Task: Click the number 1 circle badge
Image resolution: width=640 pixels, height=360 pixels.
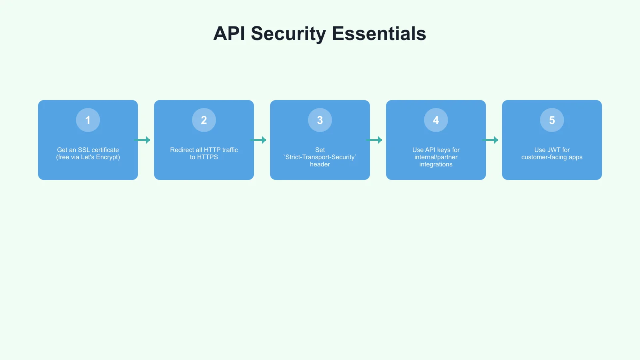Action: (x=88, y=120)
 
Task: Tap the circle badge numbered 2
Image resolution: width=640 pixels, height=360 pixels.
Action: (x=204, y=120)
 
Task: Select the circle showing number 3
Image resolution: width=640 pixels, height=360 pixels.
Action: (x=320, y=120)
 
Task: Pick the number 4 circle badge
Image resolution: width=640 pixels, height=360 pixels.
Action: (x=436, y=120)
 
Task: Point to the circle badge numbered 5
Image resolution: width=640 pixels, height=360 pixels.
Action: (x=552, y=120)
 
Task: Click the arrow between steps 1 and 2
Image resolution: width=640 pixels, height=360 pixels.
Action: (x=143, y=140)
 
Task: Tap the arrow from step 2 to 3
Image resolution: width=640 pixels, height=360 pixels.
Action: (x=259, y=140)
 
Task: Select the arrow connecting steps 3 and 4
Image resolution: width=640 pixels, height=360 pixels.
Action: (x=375, y=140)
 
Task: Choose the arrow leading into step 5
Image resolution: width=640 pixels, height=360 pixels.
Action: (x=491, y=140)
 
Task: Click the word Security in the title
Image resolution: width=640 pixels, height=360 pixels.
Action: (x=288, y=34)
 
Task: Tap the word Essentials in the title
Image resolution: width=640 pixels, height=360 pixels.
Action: (x=379, y=34)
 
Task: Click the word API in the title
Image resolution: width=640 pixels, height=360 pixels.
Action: (x=229, y=34)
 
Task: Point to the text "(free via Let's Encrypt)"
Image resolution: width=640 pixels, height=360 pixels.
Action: (x=88, y=157)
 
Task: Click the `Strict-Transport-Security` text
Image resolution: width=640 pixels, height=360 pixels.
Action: (x=320, y=157)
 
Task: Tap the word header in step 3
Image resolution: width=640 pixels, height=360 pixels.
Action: (x=320, y=164)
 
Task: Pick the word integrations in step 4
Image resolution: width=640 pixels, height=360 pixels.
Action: (x=436, y=164)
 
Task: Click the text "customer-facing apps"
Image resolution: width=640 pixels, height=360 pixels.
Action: (x=552, y=157)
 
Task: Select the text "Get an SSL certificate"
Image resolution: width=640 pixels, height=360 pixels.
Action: (x=88, y=150)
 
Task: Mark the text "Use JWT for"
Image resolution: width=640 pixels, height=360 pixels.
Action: (x=552, y=150)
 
